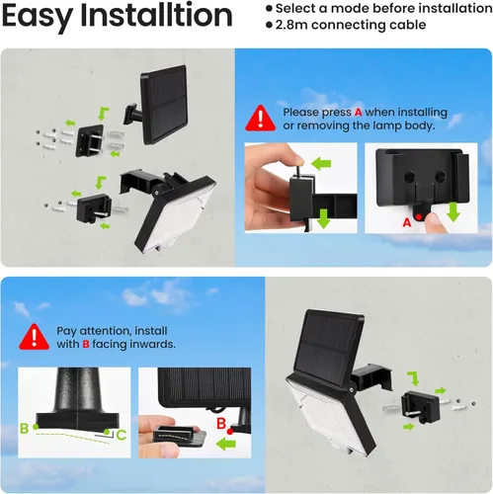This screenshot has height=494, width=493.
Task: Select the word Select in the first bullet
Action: (x=300, y=8)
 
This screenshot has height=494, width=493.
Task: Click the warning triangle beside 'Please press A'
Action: (x=261, y=118)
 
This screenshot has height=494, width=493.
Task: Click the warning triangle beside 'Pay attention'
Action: (x=36, y=336)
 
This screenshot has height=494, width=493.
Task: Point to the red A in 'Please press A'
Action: (x=358, y=112)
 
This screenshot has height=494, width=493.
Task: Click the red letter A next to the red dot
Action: (x=405, y=224)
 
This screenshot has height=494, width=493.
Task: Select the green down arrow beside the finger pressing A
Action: (x=453, y=210)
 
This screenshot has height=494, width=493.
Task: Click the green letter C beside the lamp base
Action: (x=121, y=433)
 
